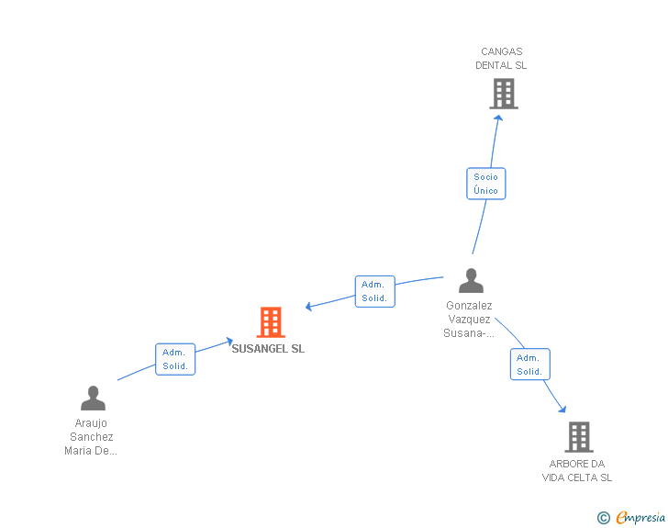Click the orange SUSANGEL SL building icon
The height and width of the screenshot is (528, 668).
271,322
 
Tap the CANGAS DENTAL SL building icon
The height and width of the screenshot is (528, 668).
504,94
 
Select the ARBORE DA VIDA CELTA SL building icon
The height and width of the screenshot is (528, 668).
579,437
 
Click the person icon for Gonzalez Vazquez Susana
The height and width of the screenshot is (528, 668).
472,280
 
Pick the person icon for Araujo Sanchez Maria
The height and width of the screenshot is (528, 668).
93,398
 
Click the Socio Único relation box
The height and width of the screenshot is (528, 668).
486,184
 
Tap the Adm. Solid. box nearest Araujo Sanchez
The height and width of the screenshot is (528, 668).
175,359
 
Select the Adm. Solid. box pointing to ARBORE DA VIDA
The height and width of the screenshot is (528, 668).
530,365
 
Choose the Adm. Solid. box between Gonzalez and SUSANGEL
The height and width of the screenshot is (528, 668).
375,291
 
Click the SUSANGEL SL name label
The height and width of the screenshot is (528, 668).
268,348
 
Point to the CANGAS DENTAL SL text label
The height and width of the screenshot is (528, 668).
501,59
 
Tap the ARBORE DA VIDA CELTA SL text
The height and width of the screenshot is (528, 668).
577,470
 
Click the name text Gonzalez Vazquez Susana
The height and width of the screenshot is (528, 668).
469,319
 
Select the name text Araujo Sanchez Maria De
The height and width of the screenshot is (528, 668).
91,437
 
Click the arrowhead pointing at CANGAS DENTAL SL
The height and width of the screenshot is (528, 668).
498,118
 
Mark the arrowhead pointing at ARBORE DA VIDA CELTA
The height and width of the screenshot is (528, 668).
562,409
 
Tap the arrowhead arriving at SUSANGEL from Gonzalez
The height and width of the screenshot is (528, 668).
309,306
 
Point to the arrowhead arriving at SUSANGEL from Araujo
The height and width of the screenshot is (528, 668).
229,342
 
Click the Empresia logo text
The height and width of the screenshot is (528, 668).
640,518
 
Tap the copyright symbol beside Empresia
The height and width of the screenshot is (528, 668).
604,518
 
